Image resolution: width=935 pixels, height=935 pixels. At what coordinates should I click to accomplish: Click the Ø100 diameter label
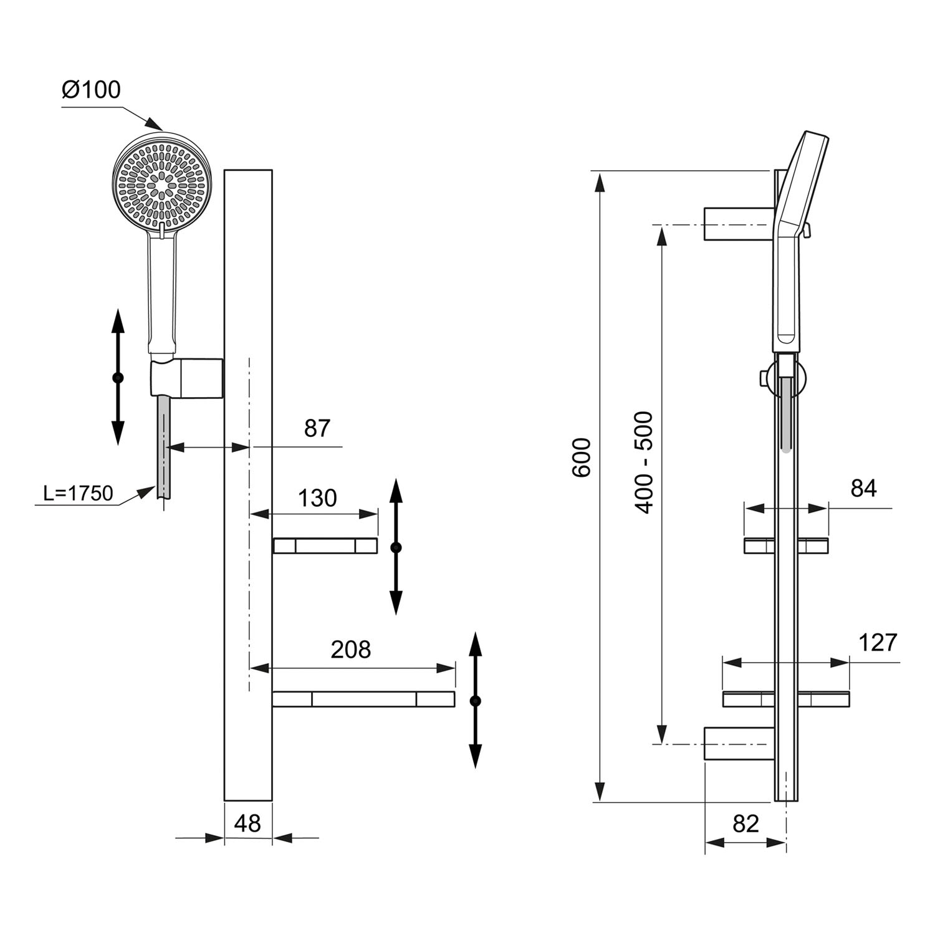(x=91, y=90)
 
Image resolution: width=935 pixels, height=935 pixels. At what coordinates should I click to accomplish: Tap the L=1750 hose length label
(x=79, y=493)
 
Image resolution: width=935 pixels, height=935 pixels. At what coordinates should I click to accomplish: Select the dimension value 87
(x=317, y=428)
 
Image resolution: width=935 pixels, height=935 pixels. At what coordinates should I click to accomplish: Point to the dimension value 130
(x=317, y=498)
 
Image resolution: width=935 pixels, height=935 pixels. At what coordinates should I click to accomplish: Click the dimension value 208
(x=351, y=650)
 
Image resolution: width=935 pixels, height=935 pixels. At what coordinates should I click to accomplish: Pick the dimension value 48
(x=247, y=823)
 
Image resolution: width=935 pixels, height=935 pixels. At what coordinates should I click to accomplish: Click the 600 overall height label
(x=582, y=458)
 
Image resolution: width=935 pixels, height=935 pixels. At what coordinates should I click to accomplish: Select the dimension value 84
(x=864, y=489)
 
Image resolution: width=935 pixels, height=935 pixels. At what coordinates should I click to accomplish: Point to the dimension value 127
(x=878, y=642)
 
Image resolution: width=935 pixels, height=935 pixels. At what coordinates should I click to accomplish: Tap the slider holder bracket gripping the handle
(x=186, y=377)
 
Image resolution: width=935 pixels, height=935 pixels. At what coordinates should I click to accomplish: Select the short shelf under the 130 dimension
(x=325, y=546)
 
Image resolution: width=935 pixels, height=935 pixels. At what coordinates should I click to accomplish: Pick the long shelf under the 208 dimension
(x=363, y=699)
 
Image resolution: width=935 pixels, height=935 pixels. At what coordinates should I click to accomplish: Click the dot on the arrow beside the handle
(x=118, y=378)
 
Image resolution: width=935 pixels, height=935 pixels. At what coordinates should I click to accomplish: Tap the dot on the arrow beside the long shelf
(x=476, y=701)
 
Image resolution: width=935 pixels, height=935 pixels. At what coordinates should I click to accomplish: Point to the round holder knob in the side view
(x=762, y=378)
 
